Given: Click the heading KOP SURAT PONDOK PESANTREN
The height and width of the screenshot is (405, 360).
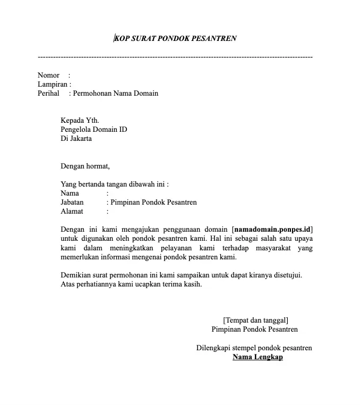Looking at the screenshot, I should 176,38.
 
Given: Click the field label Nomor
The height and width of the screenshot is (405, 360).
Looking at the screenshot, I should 49,75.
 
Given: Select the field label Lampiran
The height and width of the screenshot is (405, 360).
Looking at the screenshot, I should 53,85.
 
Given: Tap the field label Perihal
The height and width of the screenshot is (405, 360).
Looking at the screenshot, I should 49,94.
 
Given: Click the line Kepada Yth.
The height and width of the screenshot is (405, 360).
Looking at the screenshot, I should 80,121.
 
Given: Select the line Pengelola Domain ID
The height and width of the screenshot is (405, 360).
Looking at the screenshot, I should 94,130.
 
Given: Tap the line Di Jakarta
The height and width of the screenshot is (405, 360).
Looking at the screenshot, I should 76,139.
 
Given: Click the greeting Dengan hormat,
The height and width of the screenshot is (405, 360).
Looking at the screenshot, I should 85,166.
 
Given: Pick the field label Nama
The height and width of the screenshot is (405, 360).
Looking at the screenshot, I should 70,193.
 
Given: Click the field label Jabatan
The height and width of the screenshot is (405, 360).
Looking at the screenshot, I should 73,203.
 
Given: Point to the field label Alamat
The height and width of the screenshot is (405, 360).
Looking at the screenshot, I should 72,212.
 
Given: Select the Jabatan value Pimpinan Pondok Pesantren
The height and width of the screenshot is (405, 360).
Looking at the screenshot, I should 154,203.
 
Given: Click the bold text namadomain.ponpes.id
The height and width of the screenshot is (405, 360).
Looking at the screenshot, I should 272,230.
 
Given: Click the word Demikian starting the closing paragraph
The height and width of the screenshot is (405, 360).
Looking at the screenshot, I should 76,275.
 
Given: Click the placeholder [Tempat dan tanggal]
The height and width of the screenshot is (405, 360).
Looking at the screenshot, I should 256,320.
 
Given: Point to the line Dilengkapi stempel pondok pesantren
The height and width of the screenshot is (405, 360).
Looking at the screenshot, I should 254,348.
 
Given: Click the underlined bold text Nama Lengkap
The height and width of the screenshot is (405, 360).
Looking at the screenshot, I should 258,357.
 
